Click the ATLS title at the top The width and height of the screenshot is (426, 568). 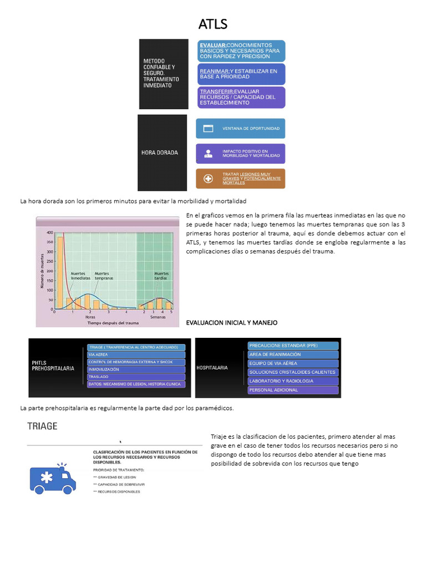(212, 24)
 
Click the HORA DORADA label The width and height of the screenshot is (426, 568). (160, 153)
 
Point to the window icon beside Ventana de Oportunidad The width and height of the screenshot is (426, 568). (209, 129)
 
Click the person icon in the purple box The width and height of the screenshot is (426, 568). (209, 154)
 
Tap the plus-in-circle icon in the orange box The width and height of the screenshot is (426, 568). (209, 179)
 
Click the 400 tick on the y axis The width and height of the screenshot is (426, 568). (50, 232)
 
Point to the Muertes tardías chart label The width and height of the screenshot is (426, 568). (161, 276)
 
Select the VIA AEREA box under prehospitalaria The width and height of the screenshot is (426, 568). (136, 354)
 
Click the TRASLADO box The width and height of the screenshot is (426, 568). (136, 377)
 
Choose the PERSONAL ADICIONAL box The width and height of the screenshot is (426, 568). (293, 390)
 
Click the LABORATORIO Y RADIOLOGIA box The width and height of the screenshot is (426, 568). (293, 381)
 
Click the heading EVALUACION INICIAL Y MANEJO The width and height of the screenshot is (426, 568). (231, 322)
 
